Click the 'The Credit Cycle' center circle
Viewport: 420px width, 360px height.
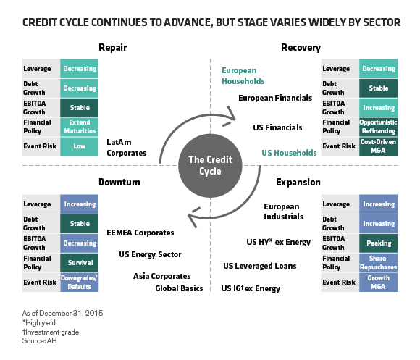pos(209,166)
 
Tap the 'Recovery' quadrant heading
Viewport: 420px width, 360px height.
pos(301,48)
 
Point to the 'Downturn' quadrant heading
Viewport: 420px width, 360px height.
pos(119,182)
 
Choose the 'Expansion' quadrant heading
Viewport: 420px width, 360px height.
pos(297,182)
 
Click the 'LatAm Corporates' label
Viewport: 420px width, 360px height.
pos(126,148)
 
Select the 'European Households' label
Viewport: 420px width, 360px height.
pos(243,76)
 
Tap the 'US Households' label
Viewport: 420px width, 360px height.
pos(289,153)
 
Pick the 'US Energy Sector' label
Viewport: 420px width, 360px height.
pos(150,254)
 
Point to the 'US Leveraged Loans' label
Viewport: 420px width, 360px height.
pos(260,266)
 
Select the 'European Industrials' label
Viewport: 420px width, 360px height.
pos(283,212)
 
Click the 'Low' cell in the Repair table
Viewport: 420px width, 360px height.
pos(79,146)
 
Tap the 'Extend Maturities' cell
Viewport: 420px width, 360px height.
pos(79,126)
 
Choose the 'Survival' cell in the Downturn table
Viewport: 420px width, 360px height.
pos(79,264)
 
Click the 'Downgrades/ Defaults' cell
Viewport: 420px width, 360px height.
pos(79,283)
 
